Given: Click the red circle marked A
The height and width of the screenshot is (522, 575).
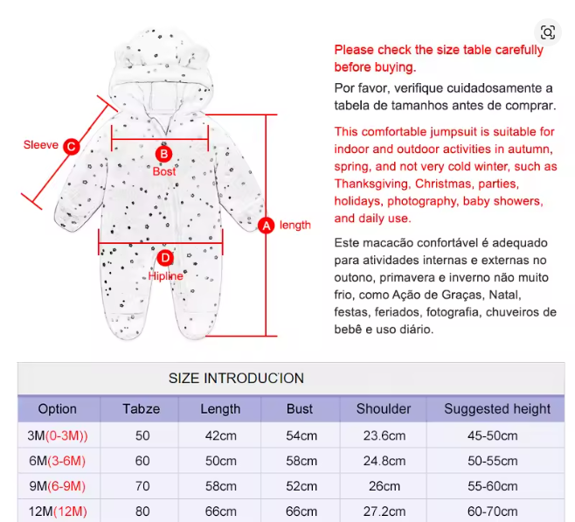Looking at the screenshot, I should pos(267,226).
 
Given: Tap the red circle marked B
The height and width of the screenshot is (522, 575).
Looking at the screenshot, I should pos(163,155).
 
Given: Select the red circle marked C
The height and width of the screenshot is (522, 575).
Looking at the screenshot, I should pos(72,147).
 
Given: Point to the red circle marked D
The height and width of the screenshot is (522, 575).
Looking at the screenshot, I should pos(165,258).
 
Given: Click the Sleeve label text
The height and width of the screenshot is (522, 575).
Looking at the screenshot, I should pos(41,145).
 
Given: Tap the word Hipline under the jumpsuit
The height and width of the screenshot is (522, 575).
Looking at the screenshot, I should pos(165,275).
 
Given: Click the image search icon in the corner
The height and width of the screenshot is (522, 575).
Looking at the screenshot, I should pos(548,33).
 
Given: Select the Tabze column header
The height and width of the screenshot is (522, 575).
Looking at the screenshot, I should pos(141,408).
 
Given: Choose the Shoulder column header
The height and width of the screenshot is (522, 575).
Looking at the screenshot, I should pos(384,408).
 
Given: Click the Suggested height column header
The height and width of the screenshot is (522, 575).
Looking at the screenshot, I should pos(497,408).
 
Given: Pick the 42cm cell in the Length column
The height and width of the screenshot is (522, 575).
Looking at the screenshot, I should pos(220,436).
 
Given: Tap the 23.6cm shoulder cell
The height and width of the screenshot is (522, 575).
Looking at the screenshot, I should pos(384,436).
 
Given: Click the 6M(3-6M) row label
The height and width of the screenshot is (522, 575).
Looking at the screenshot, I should pos(58,461).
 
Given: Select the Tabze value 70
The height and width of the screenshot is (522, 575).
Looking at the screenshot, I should pos(141,485).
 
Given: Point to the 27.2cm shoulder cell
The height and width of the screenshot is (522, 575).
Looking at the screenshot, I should pos(384,511).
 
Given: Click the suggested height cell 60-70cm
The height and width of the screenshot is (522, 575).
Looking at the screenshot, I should pos(497,511).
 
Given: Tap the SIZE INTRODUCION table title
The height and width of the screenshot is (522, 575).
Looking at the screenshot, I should pos(236,379).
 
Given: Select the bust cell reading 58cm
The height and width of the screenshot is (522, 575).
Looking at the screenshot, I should pos(300,461).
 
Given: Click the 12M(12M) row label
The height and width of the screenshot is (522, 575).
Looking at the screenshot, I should pos(58,511).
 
